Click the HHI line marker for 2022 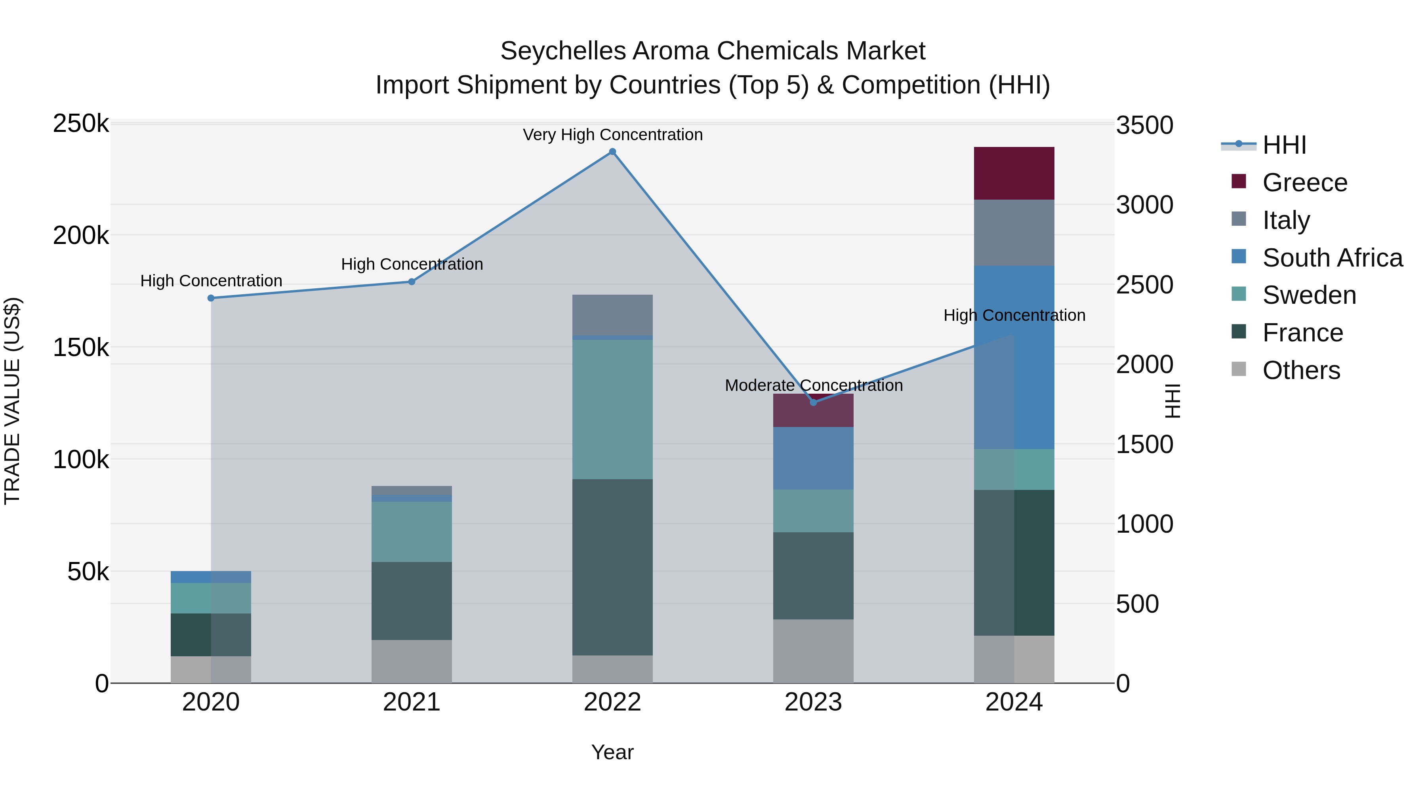(612, 152)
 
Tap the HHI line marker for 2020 (211, 298)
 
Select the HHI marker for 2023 (813, 402)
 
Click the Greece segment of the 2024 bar (1014, 173)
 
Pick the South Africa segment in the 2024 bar (1014, 357)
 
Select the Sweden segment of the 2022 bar (612, 409)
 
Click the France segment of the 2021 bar (411, 601)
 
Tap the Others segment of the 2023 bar (813, 651)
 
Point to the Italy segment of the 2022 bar (612, 315)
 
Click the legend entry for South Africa (1332, 258)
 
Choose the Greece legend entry (1304, 183)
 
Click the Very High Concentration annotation (612, 135)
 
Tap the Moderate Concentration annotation (813, 385)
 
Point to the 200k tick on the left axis (81, 236)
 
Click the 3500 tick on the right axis (1144, 125)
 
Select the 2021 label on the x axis (411, 702)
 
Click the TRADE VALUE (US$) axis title (12, 401)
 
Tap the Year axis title (612, 752)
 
